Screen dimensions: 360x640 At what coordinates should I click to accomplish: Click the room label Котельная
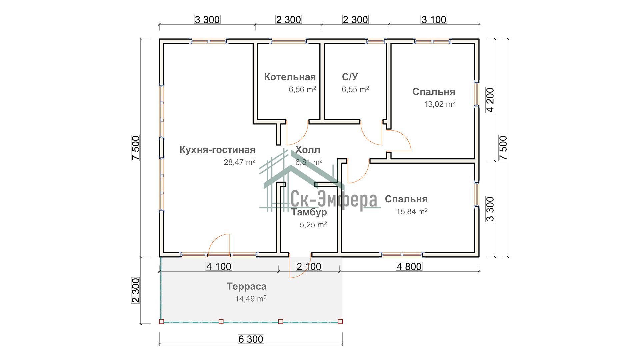click(x=290, y=77)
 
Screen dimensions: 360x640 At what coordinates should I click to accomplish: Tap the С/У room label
click(x=350, y=77)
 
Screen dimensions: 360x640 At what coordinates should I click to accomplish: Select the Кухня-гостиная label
click(x=217, y=150)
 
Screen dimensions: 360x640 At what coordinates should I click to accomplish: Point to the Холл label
click(x=308, y=150)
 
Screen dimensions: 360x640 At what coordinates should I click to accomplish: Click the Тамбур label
click(x=309, y=212)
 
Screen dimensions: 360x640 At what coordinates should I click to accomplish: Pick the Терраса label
click(x=247, y=286)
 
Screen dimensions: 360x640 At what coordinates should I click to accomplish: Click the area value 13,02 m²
click(x=439, y=104)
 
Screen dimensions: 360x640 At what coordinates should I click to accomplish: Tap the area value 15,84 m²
click(x=412, y=211)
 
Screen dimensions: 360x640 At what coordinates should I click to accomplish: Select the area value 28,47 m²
click(x=239, y=162)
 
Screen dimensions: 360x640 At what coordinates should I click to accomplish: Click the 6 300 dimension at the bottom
click(x=251, y=339)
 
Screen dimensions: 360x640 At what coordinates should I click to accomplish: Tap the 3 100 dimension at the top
click(x=434, y=20)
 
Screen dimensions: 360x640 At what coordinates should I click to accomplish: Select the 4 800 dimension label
click(x=409, y=266)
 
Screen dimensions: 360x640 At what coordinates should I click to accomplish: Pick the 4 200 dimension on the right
click(x=490, y=100)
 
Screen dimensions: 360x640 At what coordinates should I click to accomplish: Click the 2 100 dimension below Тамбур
click(x=309, y=266)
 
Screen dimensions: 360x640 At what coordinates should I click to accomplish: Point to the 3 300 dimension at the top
click(x=207, y=20)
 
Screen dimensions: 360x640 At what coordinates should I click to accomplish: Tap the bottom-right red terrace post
click(x=340, y=322)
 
